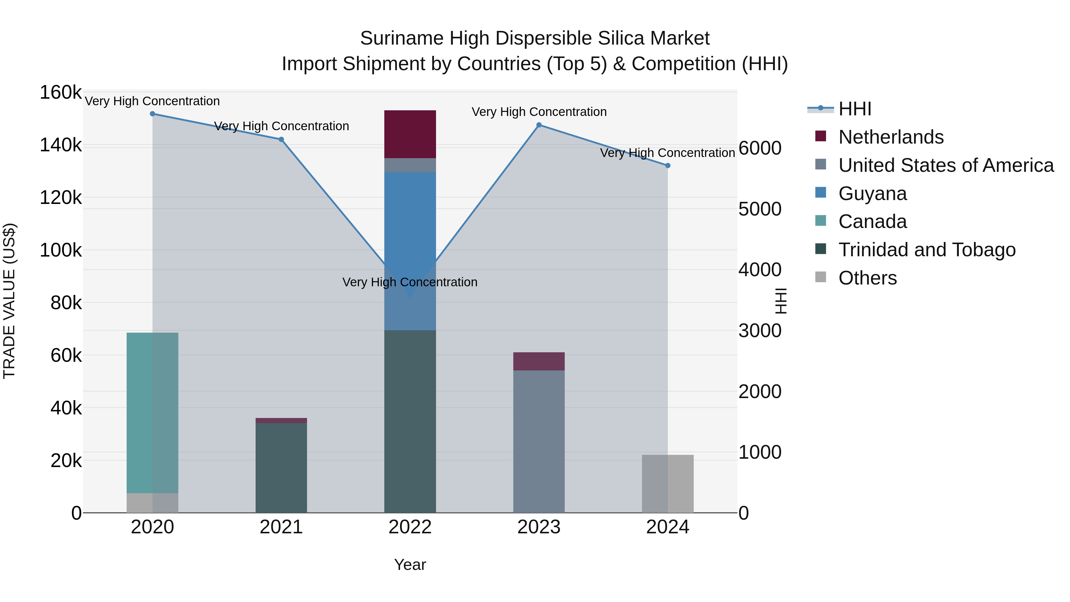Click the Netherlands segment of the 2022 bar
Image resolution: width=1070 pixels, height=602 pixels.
410,134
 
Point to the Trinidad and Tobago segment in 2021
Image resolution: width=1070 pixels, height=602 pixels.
281,467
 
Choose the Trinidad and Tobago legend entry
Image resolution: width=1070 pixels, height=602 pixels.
926,250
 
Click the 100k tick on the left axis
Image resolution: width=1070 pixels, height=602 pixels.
61,250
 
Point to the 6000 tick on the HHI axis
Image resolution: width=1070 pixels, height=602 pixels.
759,148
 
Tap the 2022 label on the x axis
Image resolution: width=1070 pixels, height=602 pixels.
410,527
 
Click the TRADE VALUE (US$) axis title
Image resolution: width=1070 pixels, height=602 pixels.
9,301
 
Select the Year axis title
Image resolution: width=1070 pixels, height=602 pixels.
410,565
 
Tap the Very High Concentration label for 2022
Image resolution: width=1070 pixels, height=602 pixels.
410,282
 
